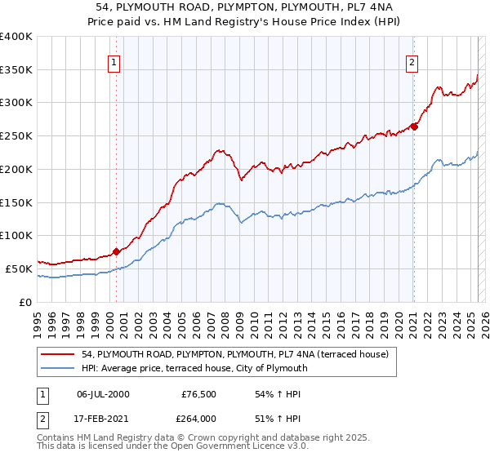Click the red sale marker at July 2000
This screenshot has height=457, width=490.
(116, 251)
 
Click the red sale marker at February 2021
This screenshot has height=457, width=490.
(414, 126)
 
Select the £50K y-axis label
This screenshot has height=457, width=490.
(19, 268)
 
